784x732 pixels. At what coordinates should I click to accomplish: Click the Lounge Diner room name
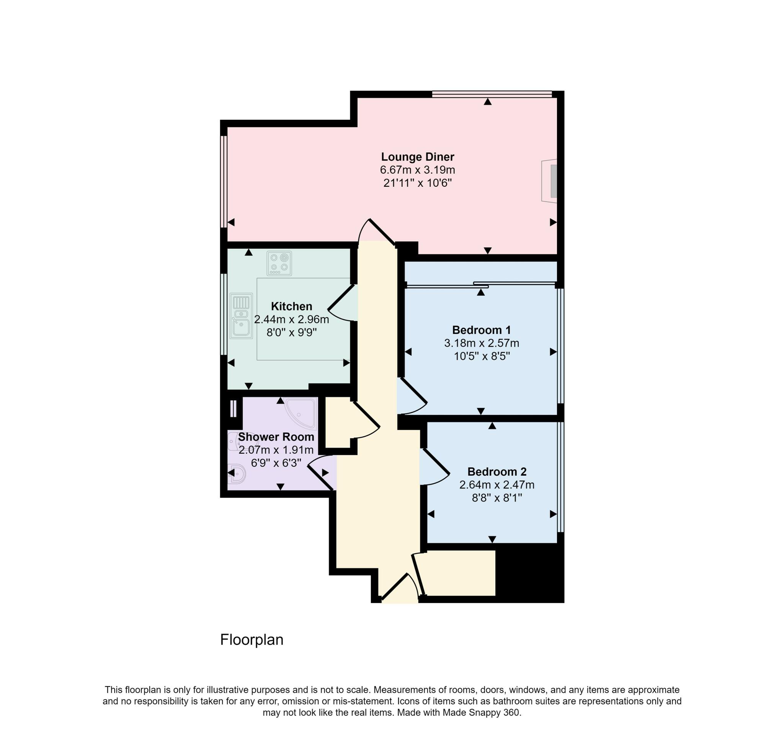417,157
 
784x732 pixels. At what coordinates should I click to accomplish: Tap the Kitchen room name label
291,306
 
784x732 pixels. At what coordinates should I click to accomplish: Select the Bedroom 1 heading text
481,330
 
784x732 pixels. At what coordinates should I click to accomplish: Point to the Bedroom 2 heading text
497,471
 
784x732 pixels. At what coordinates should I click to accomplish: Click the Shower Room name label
276,437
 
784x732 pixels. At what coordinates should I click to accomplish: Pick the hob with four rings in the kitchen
279,263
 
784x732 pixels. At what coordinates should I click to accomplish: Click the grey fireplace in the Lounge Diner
553,181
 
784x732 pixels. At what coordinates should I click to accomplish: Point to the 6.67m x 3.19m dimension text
417,170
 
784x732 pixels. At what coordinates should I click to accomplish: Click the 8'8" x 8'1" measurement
497,498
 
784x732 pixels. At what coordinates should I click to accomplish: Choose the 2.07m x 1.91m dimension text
276,450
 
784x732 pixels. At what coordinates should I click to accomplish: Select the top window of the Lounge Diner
492,94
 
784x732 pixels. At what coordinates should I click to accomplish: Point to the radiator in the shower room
233,409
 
